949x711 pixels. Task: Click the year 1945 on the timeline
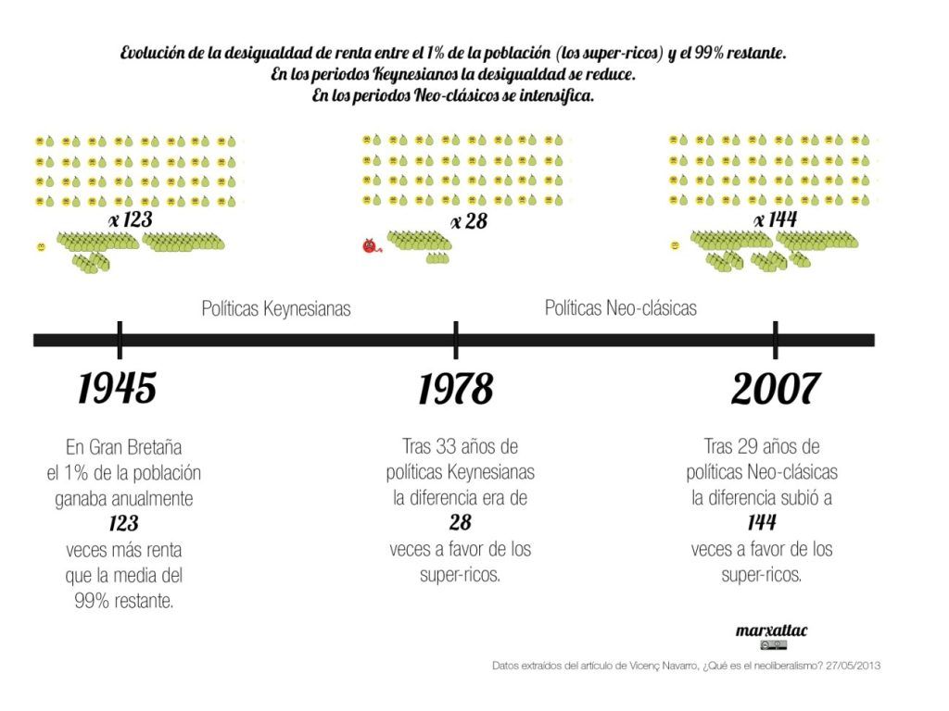coord(117,388)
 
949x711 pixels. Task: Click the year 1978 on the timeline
coord(455,389)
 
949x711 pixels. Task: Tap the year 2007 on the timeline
coord(775,389)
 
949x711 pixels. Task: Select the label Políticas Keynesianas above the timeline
coord(276,308)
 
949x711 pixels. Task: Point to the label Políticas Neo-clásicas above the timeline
coord(620,307)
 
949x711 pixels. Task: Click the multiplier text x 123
coord(130,220)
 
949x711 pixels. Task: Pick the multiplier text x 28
coord(469,221)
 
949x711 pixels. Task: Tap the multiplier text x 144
coord(776,220)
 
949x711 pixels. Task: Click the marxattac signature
coord(771,630)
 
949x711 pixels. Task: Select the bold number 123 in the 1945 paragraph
coord(123,524)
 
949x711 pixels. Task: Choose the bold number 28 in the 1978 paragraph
coord(461,522)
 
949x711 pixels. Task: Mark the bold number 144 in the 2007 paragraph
coord(762,523)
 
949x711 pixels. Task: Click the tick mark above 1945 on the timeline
coord(120,339)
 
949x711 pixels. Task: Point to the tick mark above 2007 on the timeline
coord(775,339)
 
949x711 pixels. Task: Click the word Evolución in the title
coord(152,54)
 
